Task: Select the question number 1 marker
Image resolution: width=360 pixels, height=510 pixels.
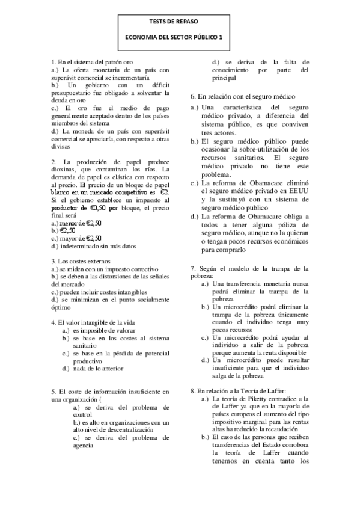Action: click(54, 62)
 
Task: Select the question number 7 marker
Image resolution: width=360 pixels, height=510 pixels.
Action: click(193, 268)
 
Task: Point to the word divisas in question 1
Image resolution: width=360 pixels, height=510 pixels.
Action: click(61, 146)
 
